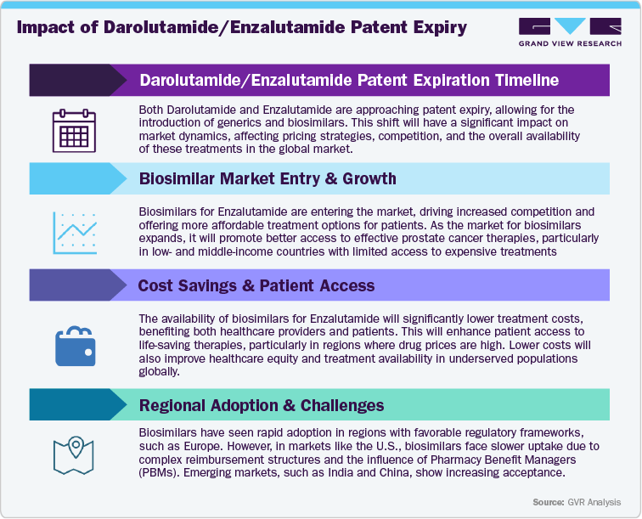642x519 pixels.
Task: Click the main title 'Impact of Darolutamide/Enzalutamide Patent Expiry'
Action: tap(242, 27)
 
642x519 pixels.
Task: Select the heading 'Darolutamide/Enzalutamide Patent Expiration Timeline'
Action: tap(348, 81)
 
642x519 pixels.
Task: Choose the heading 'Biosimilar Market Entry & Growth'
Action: tap(267, 178)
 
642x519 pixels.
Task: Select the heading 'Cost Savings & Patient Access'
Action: tap(256, 285)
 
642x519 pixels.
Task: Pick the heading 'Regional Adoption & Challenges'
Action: tap(261, 405)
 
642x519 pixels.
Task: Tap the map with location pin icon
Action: tap(72, 454)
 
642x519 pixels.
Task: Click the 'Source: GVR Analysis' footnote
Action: tap(576, 502)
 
